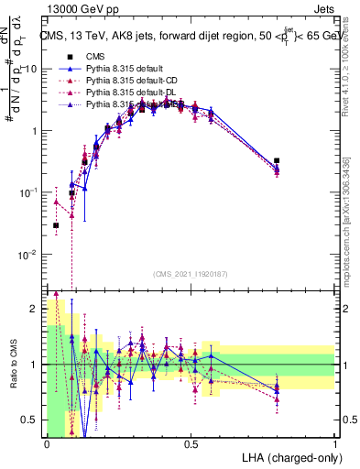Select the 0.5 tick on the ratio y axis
click(32, 420)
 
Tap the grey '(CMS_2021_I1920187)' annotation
click(190, 274)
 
